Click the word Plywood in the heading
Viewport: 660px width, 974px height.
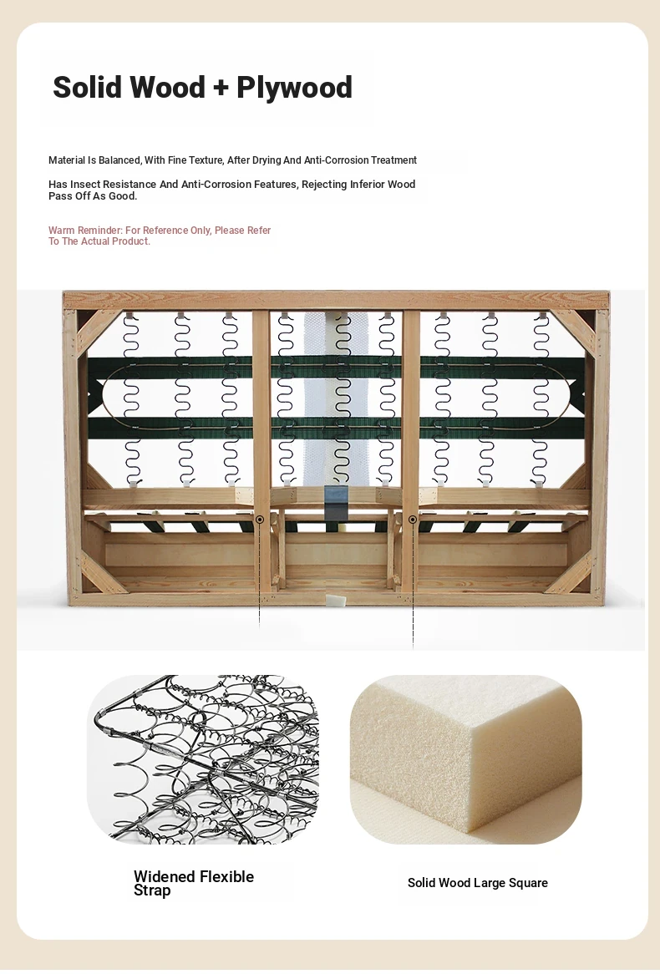click(295, 88)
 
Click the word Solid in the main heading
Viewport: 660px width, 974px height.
click(86, 86)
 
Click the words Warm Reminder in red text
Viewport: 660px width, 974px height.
click(85, 231)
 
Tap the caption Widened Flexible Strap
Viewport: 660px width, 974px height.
click(194, 883)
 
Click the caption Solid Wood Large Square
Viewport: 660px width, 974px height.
click(478, 883)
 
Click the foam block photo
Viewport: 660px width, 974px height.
click(466, 759)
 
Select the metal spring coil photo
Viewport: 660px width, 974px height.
click(203, 759)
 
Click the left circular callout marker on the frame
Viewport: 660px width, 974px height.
click(260, 520)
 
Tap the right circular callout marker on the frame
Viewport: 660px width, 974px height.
click(413, 520)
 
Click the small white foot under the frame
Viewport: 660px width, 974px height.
click(334, 600)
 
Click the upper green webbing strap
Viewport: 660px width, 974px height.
click(336, 368)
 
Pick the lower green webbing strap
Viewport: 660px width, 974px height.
click(336, 428)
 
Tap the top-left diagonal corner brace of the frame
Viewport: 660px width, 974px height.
click(94, 332)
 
